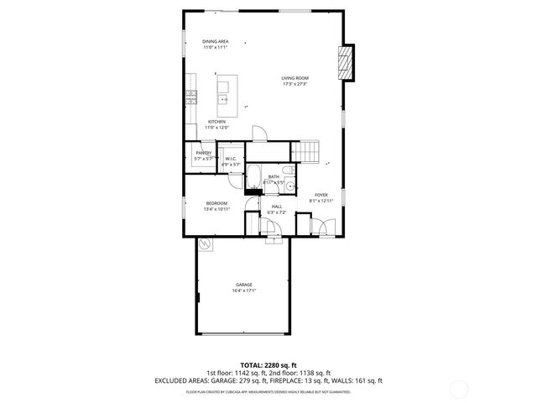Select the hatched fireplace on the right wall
[344, 63]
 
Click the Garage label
[243, 285]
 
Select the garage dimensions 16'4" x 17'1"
[243, 291]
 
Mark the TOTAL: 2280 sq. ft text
[268, 365]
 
